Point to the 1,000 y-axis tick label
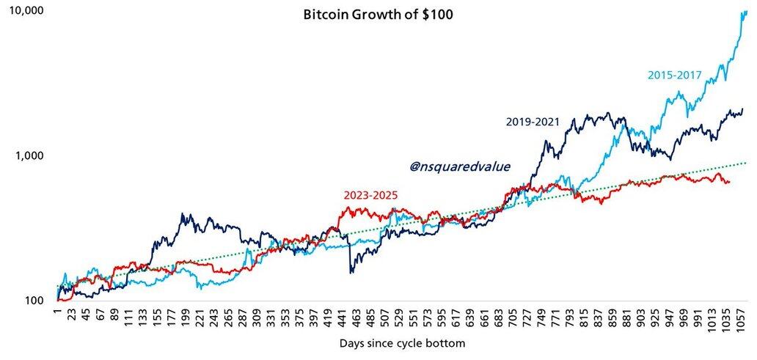(29, 155)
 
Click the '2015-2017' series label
(675, 75)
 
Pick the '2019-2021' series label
(533, 122)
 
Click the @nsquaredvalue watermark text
(459, 167)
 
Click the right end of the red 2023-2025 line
(729, 182)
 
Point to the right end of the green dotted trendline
(746, 162)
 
